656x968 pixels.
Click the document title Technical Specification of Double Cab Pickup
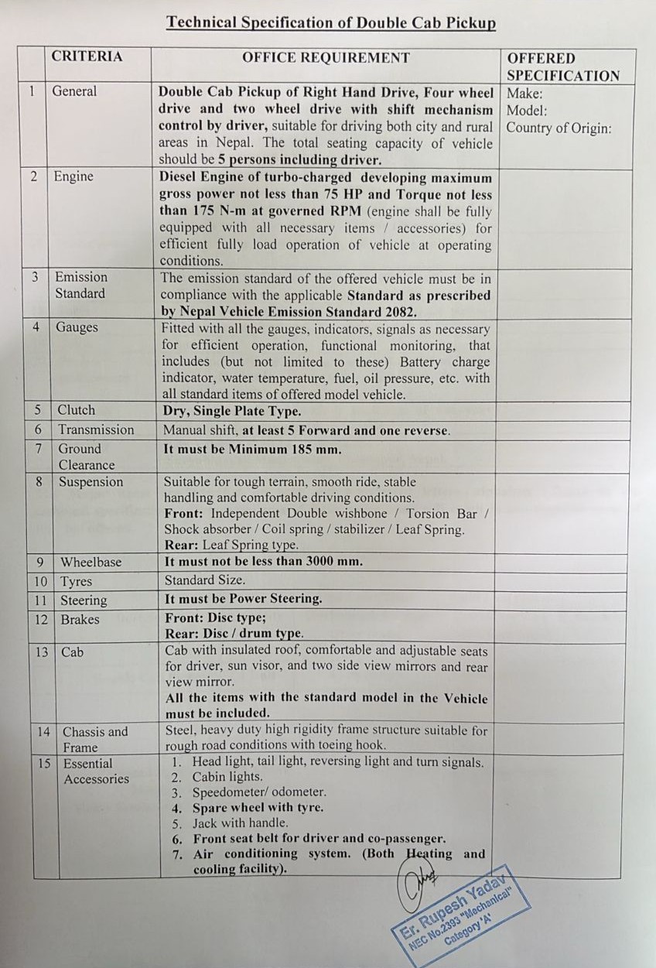pos(330,22)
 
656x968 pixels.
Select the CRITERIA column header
pos(87,56)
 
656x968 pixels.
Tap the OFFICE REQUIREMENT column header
pos(326,57)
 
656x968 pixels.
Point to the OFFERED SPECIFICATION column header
pos(563,67)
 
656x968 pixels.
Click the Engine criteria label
pos(73,176)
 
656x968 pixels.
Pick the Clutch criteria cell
pos(77,410)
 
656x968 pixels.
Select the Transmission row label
pos(96,429)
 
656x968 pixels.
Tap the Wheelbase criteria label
pos(91,562)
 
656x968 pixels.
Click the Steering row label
pos(84,600)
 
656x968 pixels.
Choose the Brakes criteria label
pos(80,620)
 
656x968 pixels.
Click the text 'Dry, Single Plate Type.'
pos(232,411)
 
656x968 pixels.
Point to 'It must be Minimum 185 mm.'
pos(253,449)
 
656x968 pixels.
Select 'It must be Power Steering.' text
pos(243,599)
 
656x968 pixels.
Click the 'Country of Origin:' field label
pos(559,128)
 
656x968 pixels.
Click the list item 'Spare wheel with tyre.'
pos(258,808)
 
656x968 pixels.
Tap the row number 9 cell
pos(39,562)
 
